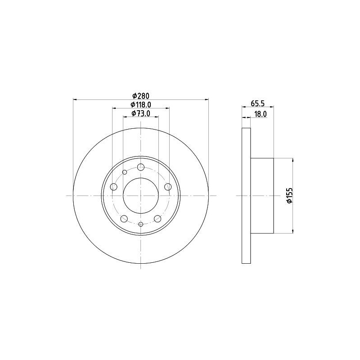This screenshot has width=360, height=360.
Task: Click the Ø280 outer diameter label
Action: pyautogui.click(x=140, y=95)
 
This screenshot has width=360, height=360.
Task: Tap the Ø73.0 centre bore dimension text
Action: pyautogui.click(x=140, y=113)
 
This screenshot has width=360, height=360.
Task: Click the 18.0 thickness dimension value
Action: pyautogui.click(x=261, y=114)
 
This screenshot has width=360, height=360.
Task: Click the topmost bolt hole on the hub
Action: pyautogui.click(x=140, y=167)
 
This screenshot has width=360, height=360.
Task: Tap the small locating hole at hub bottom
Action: pyautogui.click(x=140, y=224)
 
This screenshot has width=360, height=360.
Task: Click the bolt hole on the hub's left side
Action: pyautogui.click(x=113, y=187)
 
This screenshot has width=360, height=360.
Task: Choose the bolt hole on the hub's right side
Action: pyautogui.click(x=168, y=187)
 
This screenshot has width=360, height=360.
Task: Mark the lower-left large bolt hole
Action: pyautogui.click(x=124, y=219)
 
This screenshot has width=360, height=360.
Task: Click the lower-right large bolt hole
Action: pyautogui.click(x=157, y=219)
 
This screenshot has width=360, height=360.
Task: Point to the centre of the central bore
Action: pyautogui.click(x=140, y=196)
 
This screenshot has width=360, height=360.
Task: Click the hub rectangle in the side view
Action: pyautogui.click(x=262, y=196)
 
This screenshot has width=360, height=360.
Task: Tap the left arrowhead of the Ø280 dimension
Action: pyautogui.click(x=75, y=99)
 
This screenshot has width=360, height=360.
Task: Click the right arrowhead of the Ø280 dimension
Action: pyautogui.click(x=207, y=99)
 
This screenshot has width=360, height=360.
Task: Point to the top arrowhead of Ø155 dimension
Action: pyautogui.click(x=293, y=160)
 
